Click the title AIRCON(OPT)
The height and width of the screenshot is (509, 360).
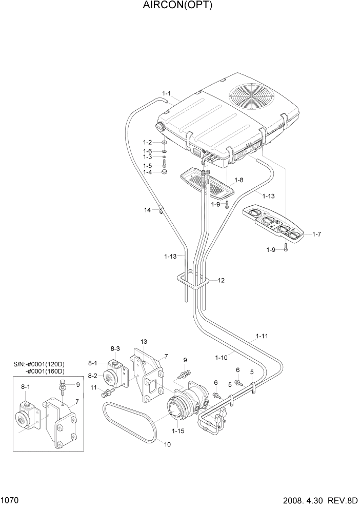tap(179, 6)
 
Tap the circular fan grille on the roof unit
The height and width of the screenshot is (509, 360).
tap(249, 97)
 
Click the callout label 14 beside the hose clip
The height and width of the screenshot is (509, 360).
tap(147, 210)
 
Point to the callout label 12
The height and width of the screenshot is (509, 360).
tap(221, 281)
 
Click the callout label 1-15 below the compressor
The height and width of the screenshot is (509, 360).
tap(179, 432)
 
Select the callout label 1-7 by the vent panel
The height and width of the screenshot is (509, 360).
tap(316, 234)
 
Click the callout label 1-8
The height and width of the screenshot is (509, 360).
tap(239, 180)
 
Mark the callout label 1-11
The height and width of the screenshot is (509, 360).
tap(262, 337)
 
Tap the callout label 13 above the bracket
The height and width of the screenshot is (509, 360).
tap(144, 342)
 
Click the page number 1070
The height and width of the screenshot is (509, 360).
tap(10, 499)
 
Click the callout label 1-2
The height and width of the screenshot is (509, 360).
tap(147, 143)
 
